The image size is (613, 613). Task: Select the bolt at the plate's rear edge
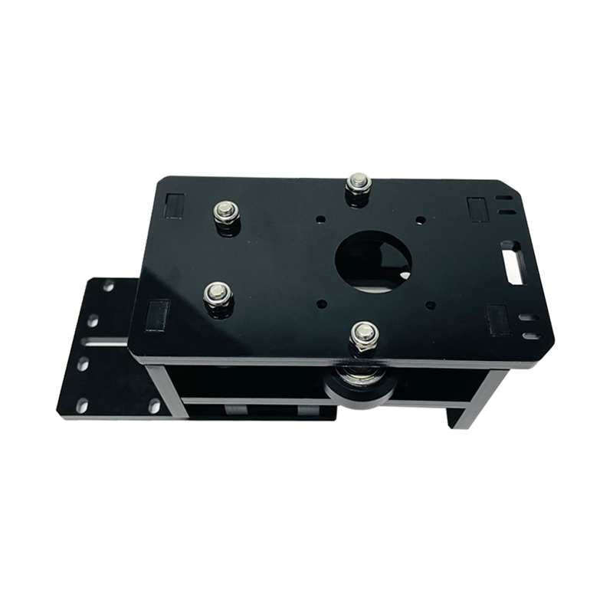click(x=358, y=185)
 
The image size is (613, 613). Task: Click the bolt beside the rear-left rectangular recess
click(x=226, y=212)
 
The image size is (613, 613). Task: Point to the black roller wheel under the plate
click(x=359, y=383)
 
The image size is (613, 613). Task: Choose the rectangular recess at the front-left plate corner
click(x=157, y=314)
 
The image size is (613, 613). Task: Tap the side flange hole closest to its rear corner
click(x=108, y=287)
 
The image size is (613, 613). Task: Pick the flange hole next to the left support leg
click(x=154, y=405)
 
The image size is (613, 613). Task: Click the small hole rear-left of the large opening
click(x=320, y=220)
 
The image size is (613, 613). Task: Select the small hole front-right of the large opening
click(x=431, y=305)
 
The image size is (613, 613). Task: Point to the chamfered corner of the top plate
click(x=508, y=186)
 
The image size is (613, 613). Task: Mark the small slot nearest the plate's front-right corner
click(x=531, y=336)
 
